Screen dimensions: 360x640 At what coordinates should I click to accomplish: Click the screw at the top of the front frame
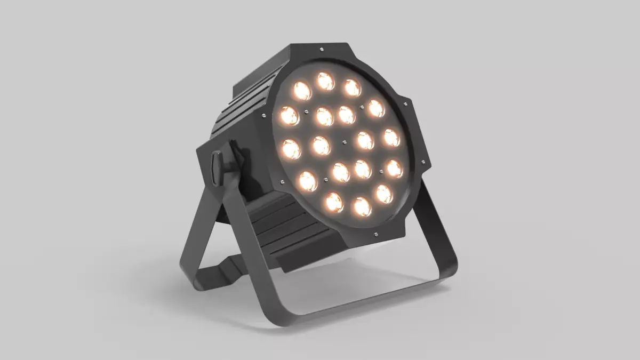pos(322,50)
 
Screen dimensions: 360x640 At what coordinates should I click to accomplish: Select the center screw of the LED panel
pos(344,142)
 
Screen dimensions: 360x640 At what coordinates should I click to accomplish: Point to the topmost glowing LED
pos(325,81)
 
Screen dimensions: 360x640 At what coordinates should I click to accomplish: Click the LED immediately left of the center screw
pos(321,145)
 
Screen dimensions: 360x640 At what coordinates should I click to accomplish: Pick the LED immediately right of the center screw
pos(365,140)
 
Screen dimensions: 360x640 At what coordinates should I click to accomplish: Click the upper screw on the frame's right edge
pos(405,104)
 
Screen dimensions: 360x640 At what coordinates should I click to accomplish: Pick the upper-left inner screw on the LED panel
pos(306,113)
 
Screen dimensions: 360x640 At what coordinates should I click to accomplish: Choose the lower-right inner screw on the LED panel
pos(381,172)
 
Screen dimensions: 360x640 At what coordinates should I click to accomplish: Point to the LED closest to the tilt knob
pos(291,149)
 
